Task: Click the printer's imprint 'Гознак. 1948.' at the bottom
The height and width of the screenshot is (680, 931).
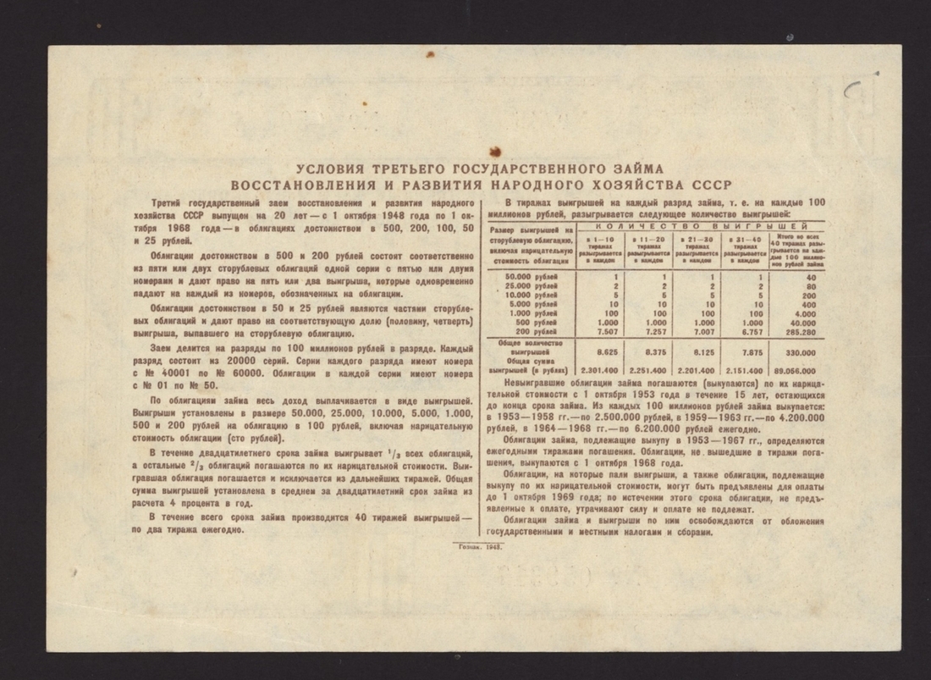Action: [479, 548]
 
